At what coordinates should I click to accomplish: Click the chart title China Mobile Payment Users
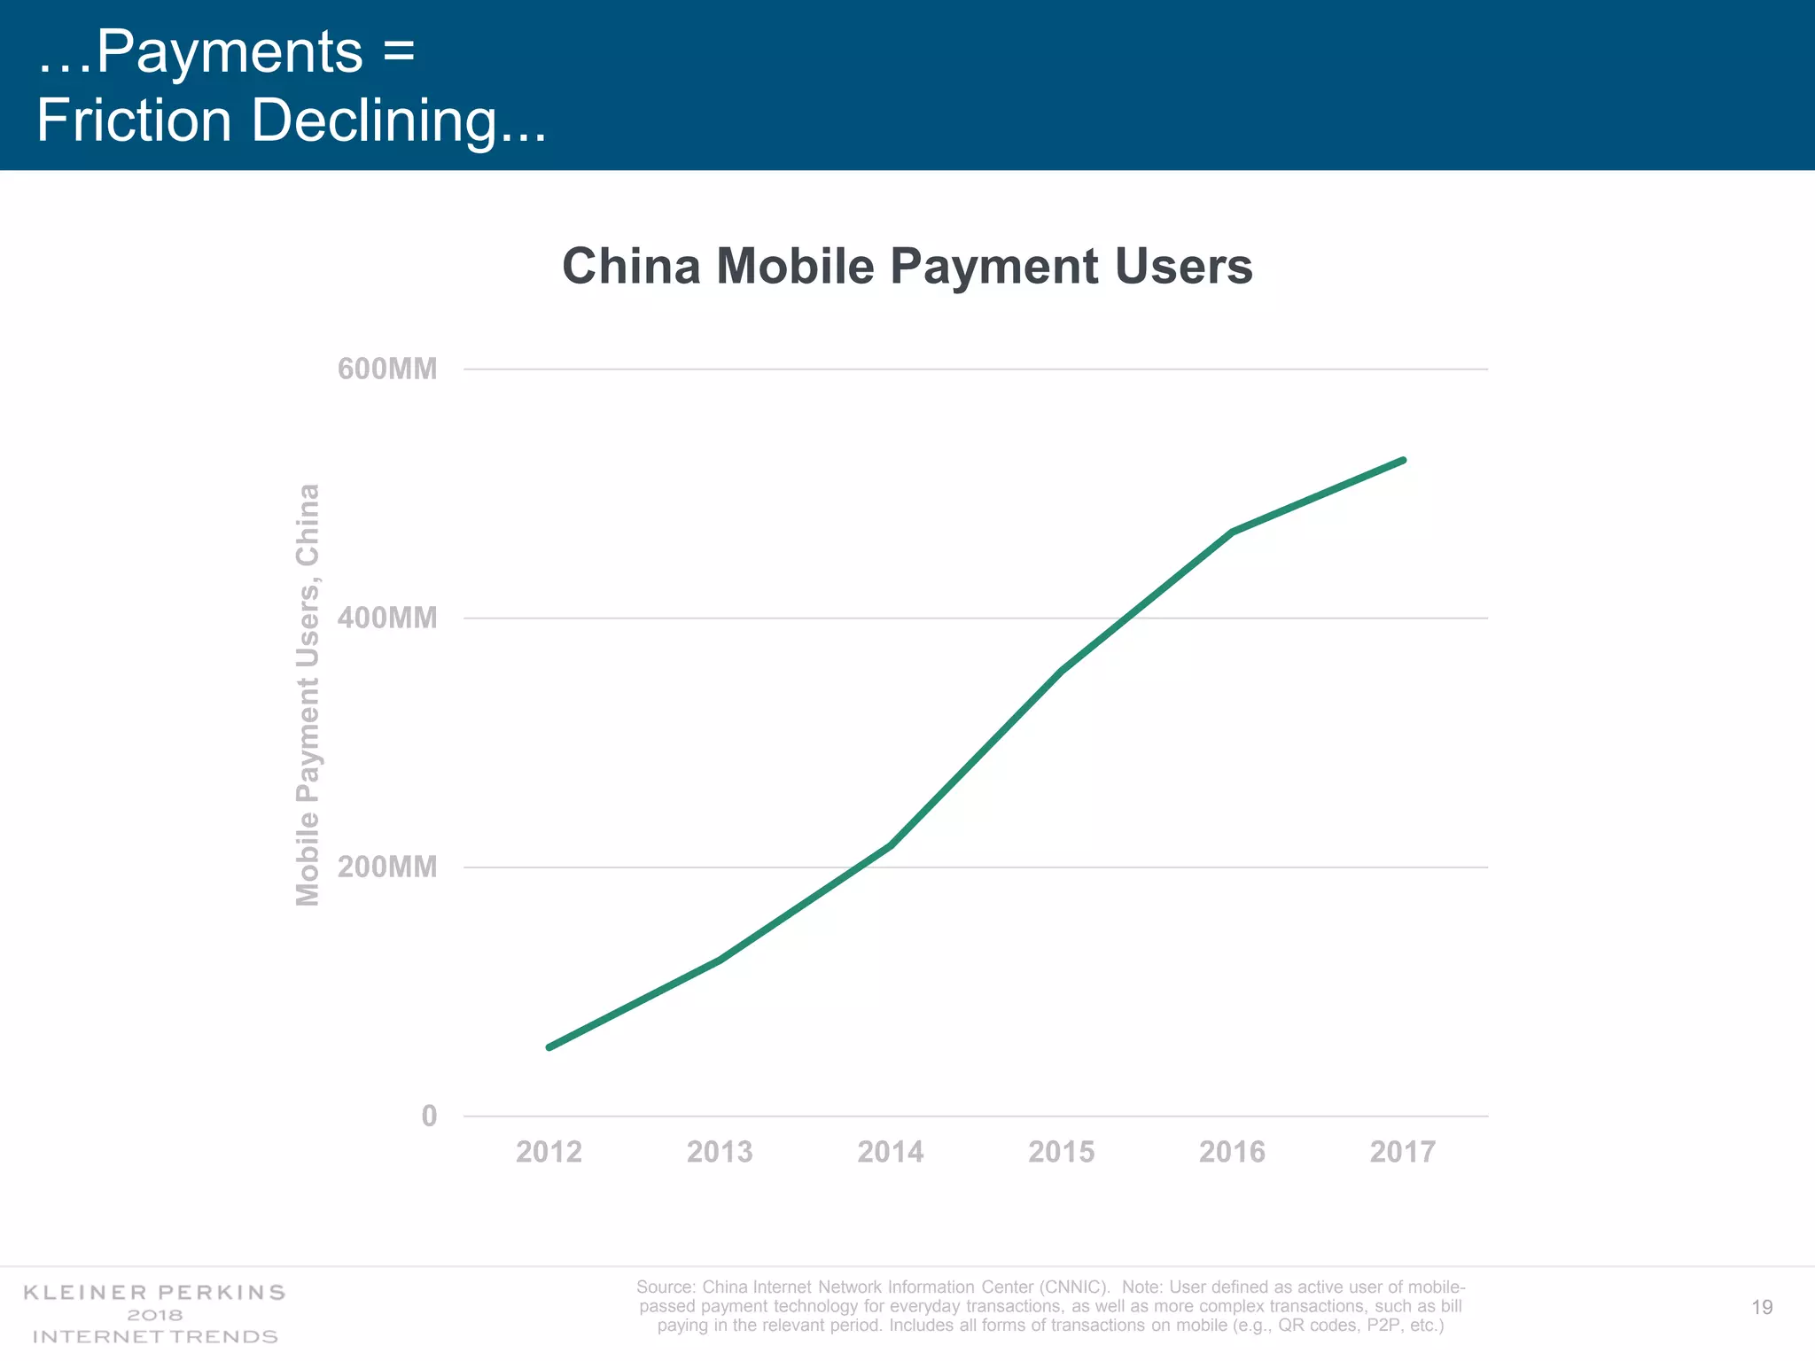[907, 266]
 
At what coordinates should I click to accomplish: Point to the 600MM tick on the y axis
[387, 369]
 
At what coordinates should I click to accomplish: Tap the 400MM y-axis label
[387, 618]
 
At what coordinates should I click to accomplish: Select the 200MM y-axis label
[387, 867]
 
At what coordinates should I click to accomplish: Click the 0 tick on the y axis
[429, 1116]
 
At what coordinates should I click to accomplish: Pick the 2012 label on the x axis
[549, 1152]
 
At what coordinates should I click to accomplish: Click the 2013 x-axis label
[720, 1152]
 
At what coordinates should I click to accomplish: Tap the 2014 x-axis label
[891, 1152]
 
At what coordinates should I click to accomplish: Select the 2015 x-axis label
[1062, 1152]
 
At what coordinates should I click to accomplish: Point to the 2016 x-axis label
[1232, 1152]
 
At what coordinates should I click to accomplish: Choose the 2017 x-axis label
[1403, 1152]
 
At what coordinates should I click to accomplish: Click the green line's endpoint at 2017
[1403, 460]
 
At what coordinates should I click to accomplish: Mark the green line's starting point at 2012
[549, 1047]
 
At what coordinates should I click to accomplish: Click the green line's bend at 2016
[1232, 532]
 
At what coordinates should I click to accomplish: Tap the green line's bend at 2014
[891, 845]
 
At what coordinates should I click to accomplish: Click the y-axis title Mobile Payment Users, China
[308, 696]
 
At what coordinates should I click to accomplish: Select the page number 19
[1762, 1307]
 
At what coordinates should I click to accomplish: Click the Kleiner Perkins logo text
[154, 1292]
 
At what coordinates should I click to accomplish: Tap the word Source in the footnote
[665, 1287]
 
